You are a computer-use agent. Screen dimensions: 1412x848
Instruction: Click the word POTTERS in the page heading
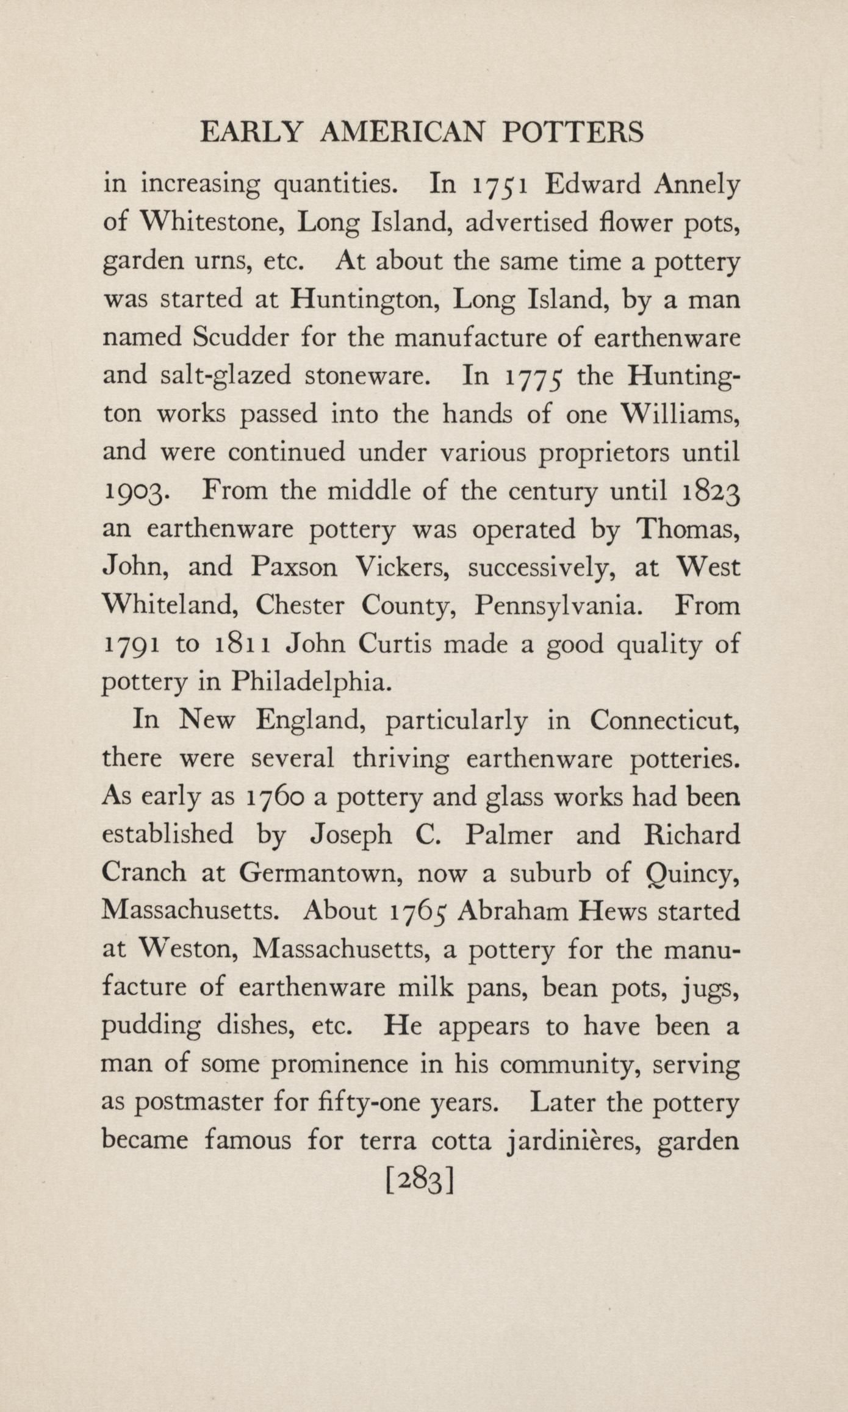click(x=572, y=132)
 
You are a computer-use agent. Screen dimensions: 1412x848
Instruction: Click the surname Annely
click(x=697, y=185)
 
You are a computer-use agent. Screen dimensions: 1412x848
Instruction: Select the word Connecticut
click(x=665, y=721)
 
